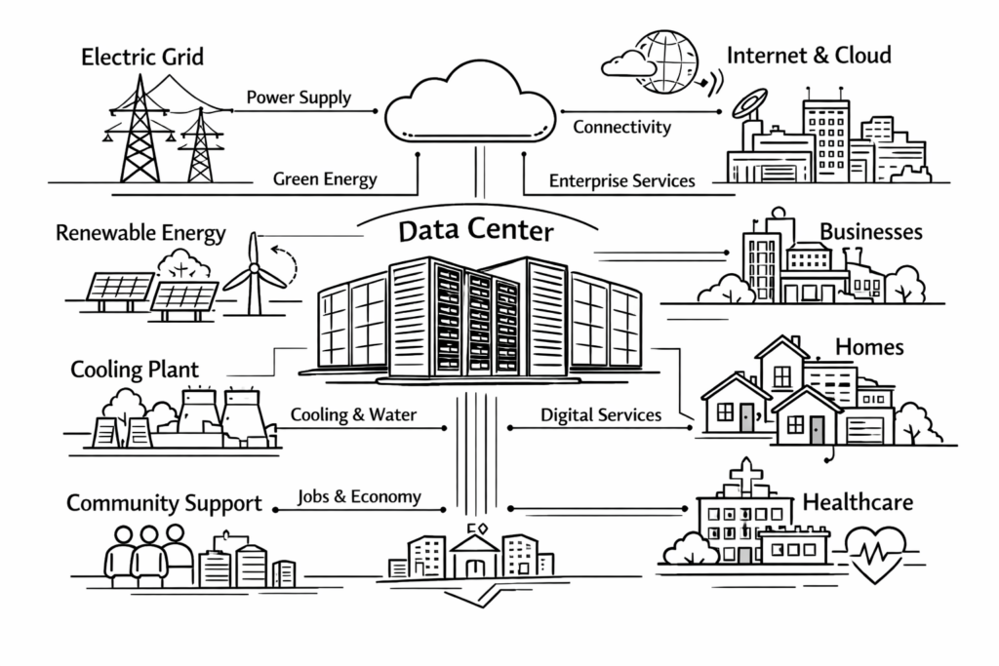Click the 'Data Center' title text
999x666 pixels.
click(476, 232)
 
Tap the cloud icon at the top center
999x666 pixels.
click(469, 105)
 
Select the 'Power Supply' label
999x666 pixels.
click(299, 98)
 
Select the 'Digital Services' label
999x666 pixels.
click(601, 415)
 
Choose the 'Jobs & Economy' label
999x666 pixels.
click(359, 496)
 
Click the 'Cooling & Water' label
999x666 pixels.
click(353, 415)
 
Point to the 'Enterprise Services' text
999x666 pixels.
click(621, 180)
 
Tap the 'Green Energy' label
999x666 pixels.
click(325, 179)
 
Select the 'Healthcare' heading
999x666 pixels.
click(858, 503)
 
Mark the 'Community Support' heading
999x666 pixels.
click(164, 504)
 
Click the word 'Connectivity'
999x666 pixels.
click(621, 127)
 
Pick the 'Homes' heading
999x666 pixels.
click(869, 347)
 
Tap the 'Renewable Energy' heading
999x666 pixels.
click(140, 234)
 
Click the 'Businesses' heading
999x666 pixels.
click(870, 232)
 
